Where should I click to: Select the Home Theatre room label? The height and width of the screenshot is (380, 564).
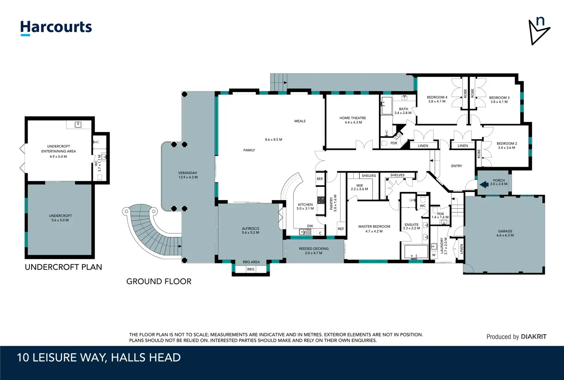(x=353, y=118)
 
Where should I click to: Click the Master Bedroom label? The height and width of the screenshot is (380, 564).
(x=374, y=226)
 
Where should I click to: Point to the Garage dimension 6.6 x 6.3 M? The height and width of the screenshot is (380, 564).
(x=505, y=235)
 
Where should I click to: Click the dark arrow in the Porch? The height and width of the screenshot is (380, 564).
(x=484, y=185)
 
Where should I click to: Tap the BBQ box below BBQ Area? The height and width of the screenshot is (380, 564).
(x=251, y=269)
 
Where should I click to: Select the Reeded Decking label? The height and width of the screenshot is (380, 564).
(x=314, y=249)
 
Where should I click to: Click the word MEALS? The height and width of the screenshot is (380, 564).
(x=300, y=121)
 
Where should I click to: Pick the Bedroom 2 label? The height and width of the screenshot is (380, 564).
(x=507, y=143)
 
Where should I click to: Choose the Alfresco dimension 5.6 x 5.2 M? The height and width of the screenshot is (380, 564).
(x=250, y=233)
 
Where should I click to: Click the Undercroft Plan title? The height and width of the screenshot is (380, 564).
(x=64, y=267)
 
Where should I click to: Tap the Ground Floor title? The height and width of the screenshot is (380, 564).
(x=159, y=281)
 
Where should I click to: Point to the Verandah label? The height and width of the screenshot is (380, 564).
(x=188, y=173)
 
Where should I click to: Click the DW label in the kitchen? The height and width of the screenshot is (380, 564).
(x=310, y=226)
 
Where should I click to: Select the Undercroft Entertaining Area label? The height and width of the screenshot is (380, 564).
(x=58, y=149)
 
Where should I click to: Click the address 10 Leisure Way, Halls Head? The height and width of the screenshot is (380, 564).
(x=99, y=358)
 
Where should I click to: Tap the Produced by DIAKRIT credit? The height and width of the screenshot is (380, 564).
(x=516, y=337)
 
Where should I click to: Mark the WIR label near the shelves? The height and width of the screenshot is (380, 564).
(x=359, y=185)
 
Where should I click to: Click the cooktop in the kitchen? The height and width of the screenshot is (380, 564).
(x=321, y=200)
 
